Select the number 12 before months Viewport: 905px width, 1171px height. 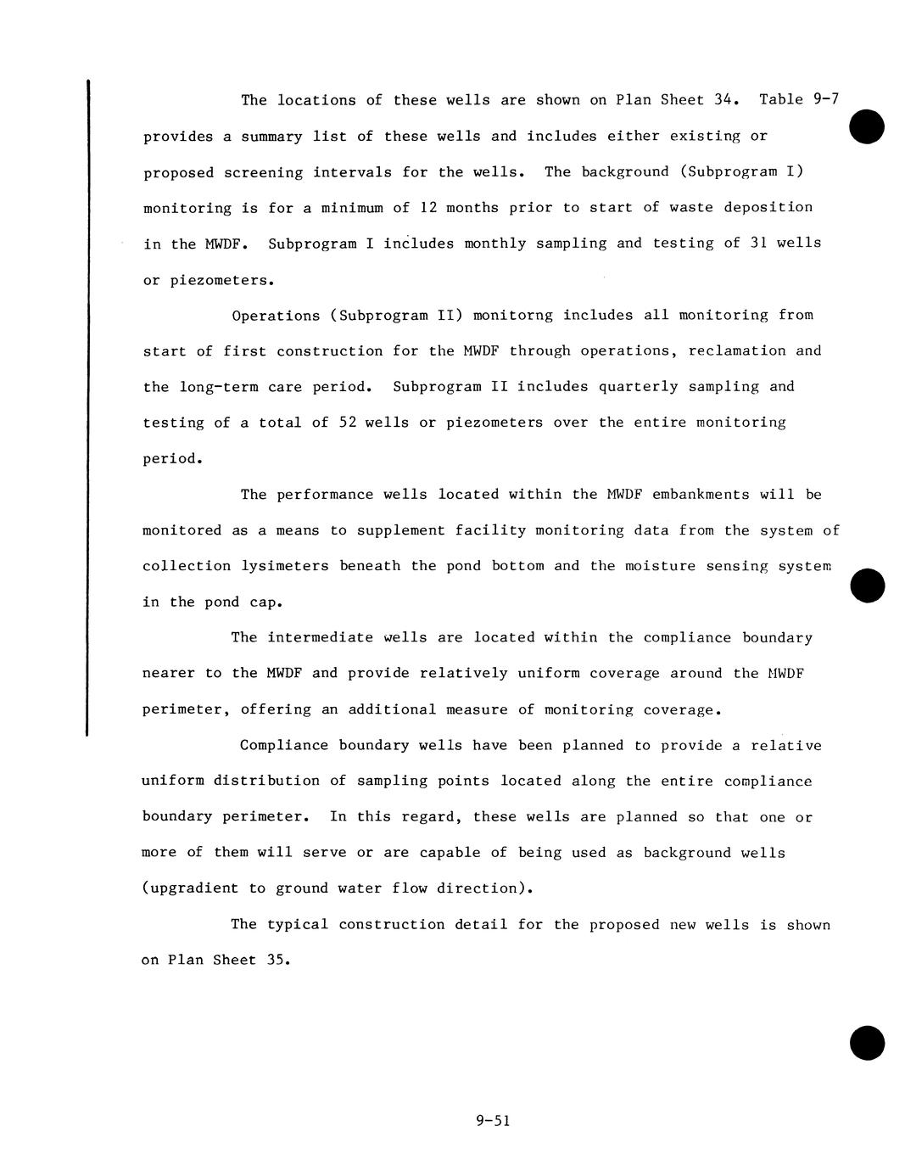pyautogui.click(x=428, y=207)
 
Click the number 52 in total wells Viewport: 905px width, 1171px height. pyautogui.click(x=348, y=422)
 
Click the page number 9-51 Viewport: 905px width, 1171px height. pyautogui.click(x=493, y=1121)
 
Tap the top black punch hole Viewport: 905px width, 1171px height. pyautogui.click(x=866, y=127)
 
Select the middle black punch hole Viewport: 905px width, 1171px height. pyautogui.click(x=866, y=585)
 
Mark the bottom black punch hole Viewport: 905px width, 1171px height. pyautogui.click(x=866, y=1042)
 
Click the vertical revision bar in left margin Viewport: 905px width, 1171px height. pyautogui.click(x=87, y=407)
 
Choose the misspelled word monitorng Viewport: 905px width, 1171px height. pyautogui.click(x=512, y=315)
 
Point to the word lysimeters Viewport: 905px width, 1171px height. pyautogui.click(x=285, y=565)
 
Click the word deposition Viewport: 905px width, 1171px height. pyautogui.click(x=768, y=207)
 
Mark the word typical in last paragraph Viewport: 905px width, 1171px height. pyautogui.click(x=297, y=924)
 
